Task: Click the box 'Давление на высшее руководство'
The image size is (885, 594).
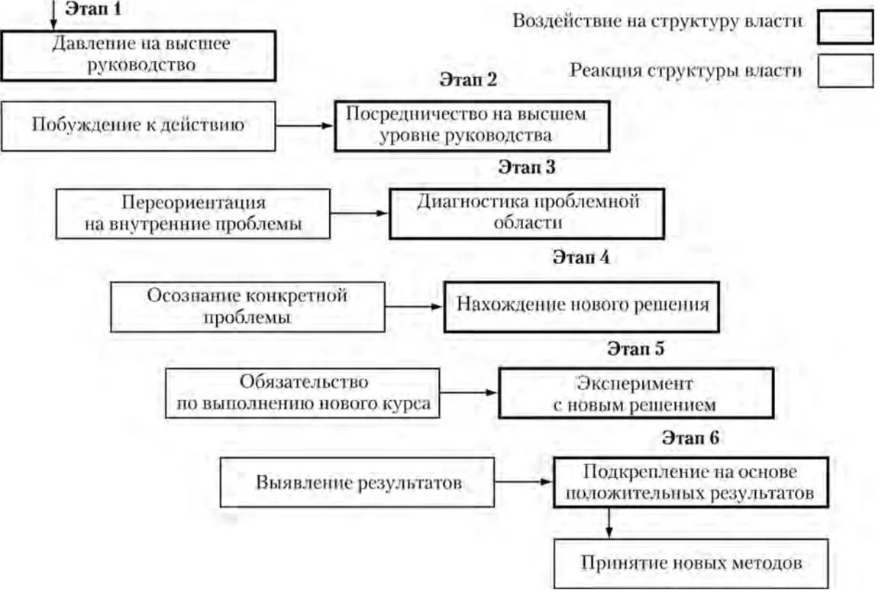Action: pyautogui.click(x=137, y=55)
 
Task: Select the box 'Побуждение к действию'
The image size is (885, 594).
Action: pyautogui.click(x=137, y=125)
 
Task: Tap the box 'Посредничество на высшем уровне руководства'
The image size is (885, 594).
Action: pyautogui.click(x=471, y=125)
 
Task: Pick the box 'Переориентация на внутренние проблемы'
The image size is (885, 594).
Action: pyautogui.click(x=194, y=214)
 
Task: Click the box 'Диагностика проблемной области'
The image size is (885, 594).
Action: pyautogui.click(x=526, y=213)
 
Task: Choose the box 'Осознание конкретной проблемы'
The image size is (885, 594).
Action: pyautogui.click(x=247, y=307)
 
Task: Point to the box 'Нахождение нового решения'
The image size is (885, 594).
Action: pyautogui.click(x=581, y=306)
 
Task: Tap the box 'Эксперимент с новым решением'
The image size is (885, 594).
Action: pyautogui.click(x=635, y=393)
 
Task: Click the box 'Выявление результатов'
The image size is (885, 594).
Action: pyautogui.click(x=357, y=483)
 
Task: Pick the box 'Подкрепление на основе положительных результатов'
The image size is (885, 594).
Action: pyautogui.click(x=690, y=483)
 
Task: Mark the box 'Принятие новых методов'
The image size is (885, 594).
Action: pyautogui.click(x=690, y=564)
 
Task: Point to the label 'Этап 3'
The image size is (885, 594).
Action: pyautogui.click(x=526, y=168)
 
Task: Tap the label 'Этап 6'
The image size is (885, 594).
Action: pyautogui.click(x=690, y=438)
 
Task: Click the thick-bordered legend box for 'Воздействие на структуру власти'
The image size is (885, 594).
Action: pyautogui.click(x=845, y=26)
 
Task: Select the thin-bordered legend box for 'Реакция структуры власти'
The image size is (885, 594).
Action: pyautogui.click(x=845, y=71)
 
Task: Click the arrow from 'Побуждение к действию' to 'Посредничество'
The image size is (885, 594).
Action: pyautogui.click(x=304, y=126)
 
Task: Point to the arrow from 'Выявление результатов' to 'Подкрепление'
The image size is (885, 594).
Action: pyautogui.click(x=524, y=483)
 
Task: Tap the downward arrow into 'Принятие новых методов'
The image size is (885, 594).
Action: pyautogui.click(x=609, y=523)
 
